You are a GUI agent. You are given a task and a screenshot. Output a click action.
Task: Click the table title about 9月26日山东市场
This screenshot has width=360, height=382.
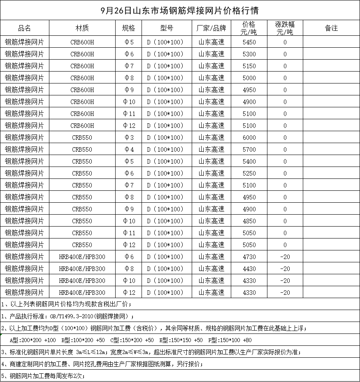(x=180, y=10)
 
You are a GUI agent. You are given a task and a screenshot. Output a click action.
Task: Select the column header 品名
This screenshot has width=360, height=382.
(x=24, y=28)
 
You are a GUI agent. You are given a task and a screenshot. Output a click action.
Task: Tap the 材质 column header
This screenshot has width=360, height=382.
(x=82, y=28)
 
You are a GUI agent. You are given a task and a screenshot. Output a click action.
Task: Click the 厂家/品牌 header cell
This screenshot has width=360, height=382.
(x=211, y=28)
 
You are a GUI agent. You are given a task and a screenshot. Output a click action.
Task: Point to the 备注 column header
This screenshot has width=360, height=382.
(x=331, y=28)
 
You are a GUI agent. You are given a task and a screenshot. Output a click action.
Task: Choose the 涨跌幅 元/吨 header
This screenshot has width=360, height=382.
(x=285, y=28)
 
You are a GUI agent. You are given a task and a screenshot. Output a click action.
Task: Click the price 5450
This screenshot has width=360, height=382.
(x=249, y=42)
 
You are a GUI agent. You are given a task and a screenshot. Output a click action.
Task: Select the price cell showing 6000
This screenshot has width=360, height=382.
(x=249, y=138)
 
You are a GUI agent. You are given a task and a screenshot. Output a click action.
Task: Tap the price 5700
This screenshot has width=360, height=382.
(x=249, y=150)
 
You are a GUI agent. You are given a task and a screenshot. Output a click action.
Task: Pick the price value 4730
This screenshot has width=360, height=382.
(x=249, y=257)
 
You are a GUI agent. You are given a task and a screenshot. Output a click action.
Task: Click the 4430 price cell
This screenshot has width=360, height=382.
(x=249, y=269)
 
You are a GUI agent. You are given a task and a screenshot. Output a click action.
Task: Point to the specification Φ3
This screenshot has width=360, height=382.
(x=129, y=138)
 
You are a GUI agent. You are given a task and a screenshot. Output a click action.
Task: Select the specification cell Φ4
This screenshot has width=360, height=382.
(x=129, y=150)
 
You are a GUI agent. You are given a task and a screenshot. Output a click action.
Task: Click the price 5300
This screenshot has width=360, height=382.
(x=249, y=54)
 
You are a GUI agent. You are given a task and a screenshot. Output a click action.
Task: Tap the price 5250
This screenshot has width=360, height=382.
(x=249, y=174)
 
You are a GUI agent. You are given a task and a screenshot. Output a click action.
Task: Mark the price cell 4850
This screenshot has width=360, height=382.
(x=249, y=221)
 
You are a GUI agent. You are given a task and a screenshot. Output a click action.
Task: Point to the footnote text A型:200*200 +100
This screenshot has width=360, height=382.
(x=33, y=340)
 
